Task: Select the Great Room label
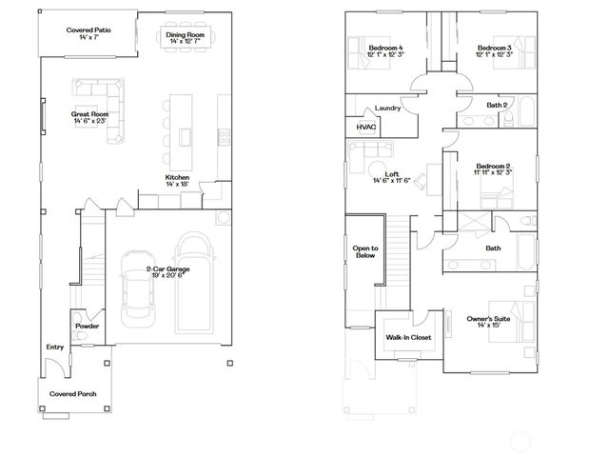click(x=90, y=118)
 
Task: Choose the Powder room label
click(x=88, y=326)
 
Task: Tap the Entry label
click(x=55, y=348)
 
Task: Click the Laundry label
click(x=387, y=108)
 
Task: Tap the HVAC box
click(x=366, y=127)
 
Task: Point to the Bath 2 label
click(x=495, y=104)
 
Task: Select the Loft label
click(x=392, y=177)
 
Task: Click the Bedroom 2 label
click(x=494, y=169)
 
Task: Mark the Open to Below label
click(x=365, y=252)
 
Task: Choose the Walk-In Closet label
click(x=408, y=337)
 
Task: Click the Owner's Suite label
click(x=488, y=322)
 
